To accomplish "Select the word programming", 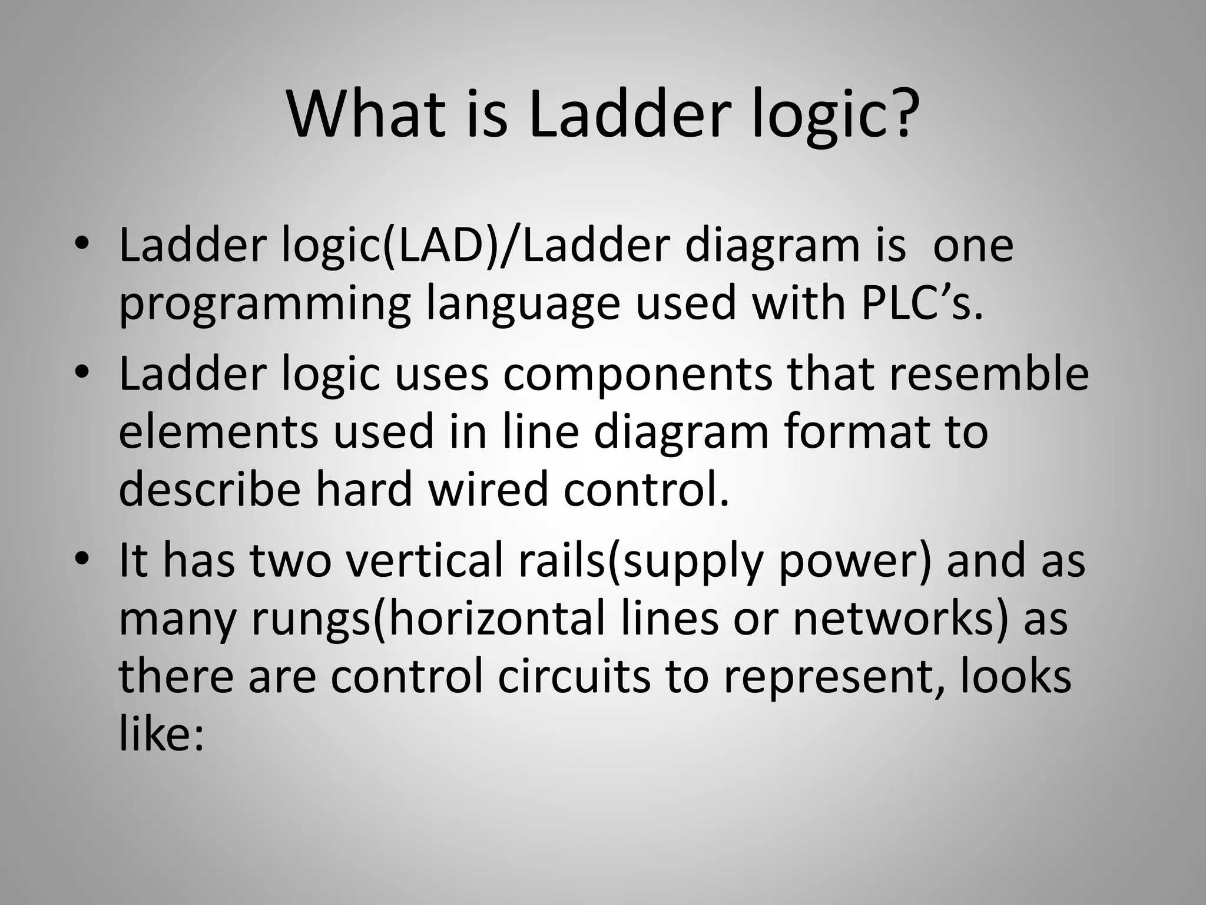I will pyautogui.click(x=264, y=306).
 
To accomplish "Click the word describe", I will pyautogui.click(x=210, y=489).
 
